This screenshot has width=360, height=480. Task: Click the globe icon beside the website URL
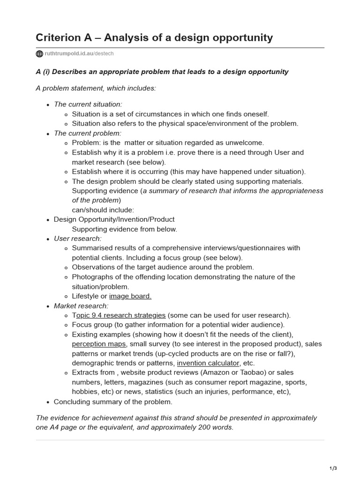(39, 54)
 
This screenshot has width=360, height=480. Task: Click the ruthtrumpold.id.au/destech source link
(79, 54)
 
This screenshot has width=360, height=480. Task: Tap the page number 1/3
(333, 468)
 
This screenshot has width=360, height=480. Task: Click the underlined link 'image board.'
(130, 296)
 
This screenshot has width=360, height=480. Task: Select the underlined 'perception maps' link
(99, 344)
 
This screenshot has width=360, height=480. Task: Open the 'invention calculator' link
(208, 363)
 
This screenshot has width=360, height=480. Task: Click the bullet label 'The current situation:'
(88, 105)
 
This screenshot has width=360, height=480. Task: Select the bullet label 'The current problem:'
(87, 133)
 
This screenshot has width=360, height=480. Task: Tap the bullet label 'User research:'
(77, 239)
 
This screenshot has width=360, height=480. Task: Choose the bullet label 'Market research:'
(81, 306)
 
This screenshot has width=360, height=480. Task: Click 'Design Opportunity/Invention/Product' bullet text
(114, 219)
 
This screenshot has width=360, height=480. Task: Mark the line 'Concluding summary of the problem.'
(113, 402)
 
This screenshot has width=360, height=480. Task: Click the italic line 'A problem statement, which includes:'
(96, 88)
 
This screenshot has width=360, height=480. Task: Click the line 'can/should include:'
(103, 210)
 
